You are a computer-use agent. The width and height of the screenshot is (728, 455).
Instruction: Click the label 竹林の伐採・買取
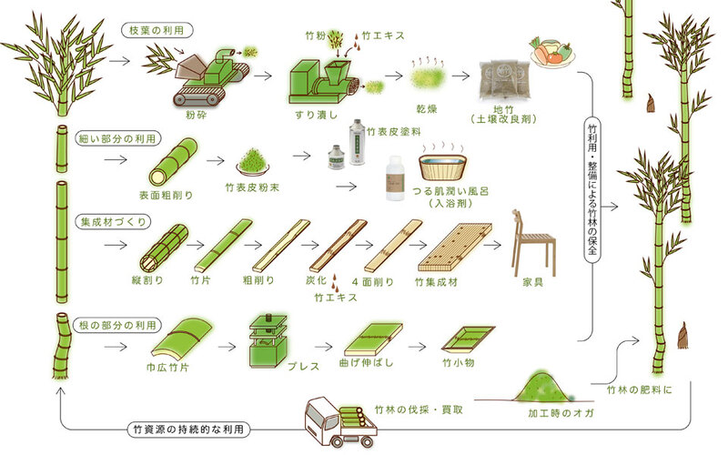(x=418, y=409)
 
